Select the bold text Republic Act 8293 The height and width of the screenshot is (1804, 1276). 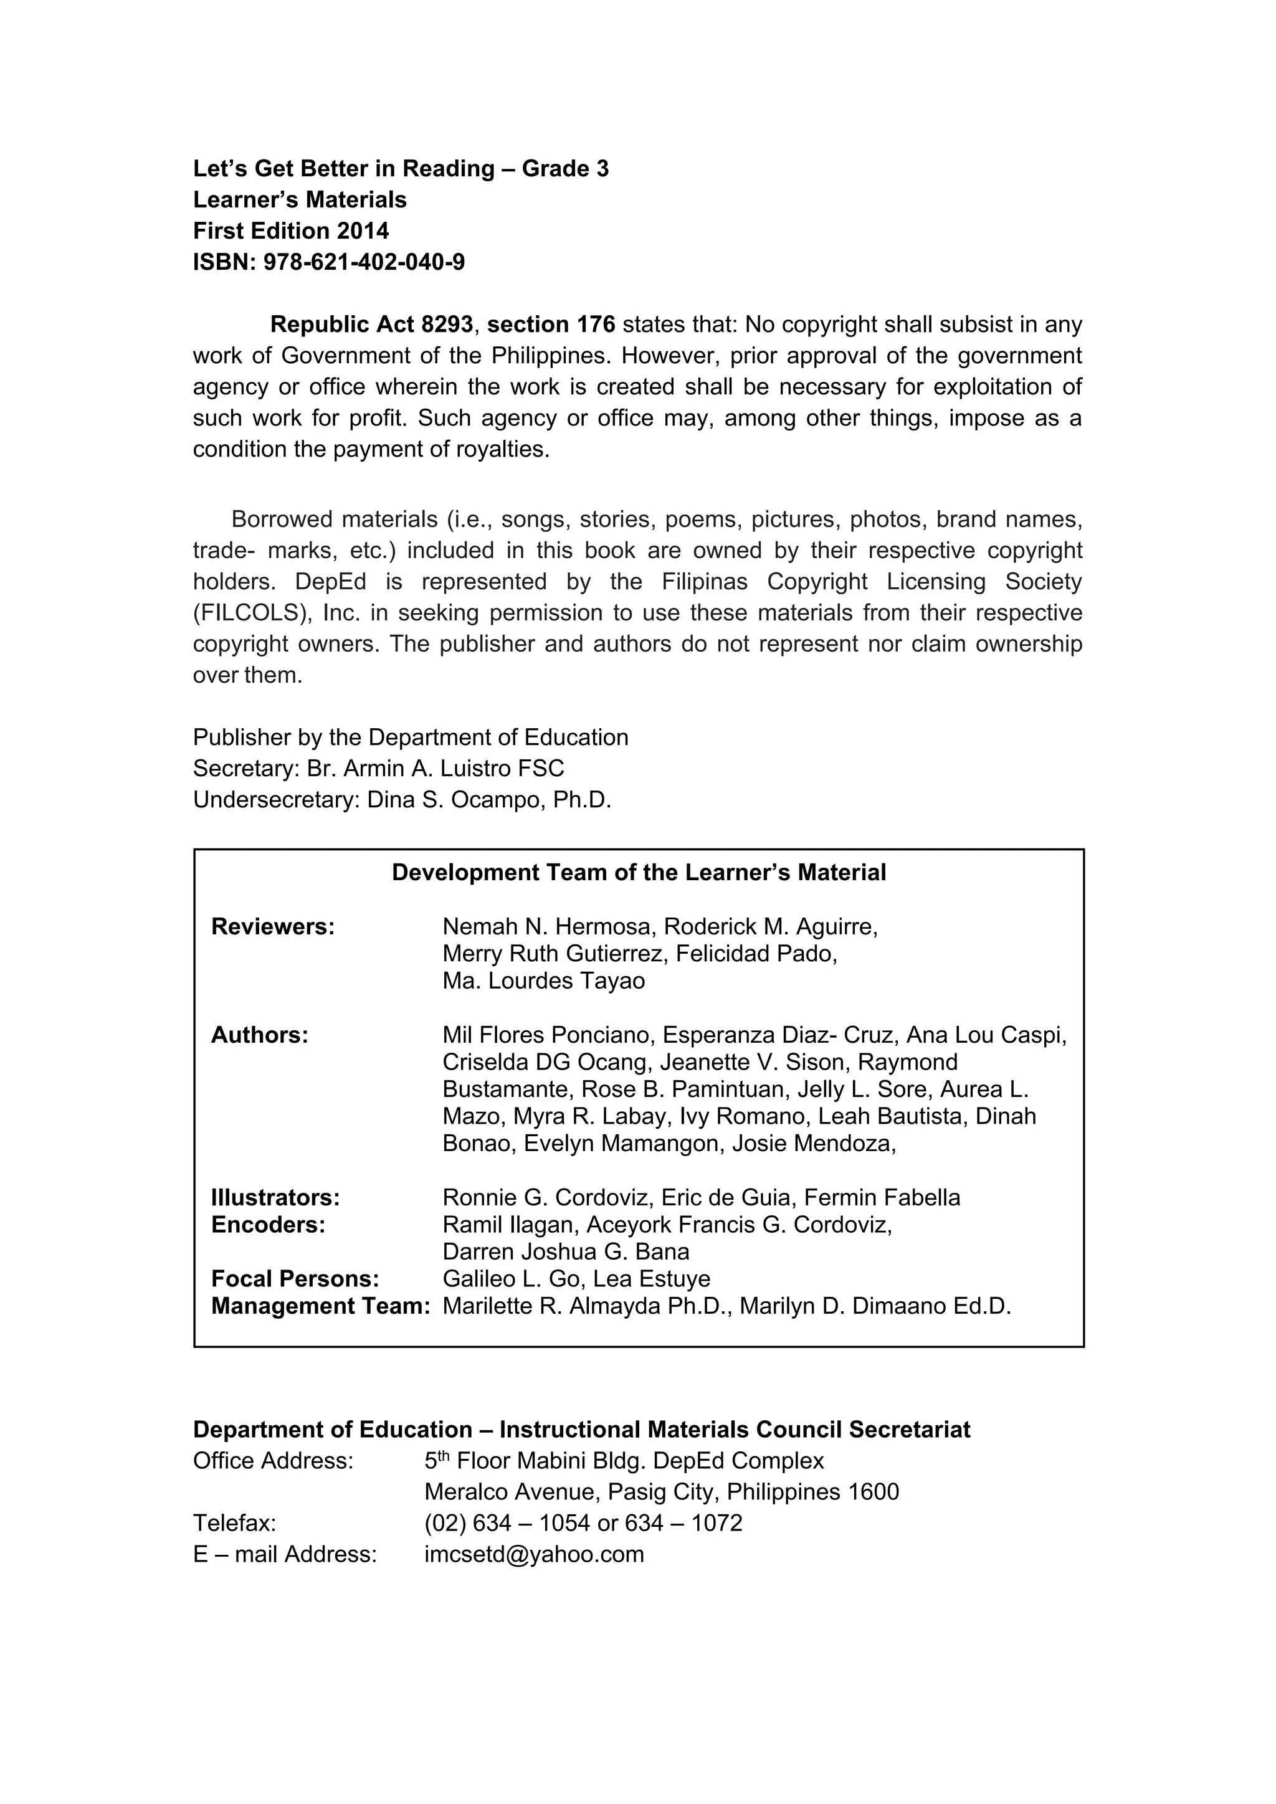371,325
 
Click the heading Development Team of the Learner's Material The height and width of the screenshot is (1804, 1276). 639,872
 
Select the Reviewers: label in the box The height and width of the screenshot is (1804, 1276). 273,926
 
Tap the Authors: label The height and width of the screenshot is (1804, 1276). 259,1035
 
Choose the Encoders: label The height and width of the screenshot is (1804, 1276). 268,1224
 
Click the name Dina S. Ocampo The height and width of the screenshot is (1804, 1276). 455,800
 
